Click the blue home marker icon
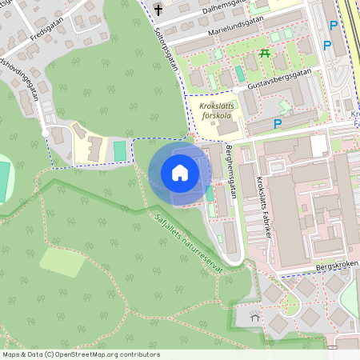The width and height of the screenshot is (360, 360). pyautogui.click(x=180, y=173)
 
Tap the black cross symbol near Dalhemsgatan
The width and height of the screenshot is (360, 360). pyautogui.click(x=158, y=10)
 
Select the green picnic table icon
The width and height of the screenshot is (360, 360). pyautogui.click(x=263, y=53)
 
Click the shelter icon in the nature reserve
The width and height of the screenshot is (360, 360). pyautogui.click(x=254, y=317)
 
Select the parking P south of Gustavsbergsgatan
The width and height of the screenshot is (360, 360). pyautogui.click(x=278, y=123)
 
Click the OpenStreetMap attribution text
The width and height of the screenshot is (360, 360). pyautogui.click(x=80, y=354)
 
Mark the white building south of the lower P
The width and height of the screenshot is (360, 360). pyautogui.click(x=319, y=145)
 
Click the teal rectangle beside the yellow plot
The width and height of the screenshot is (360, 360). pyautogui.click(x=120, y=150)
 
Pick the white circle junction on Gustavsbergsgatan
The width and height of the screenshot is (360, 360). pyautogui.click(x=238, y=91)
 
